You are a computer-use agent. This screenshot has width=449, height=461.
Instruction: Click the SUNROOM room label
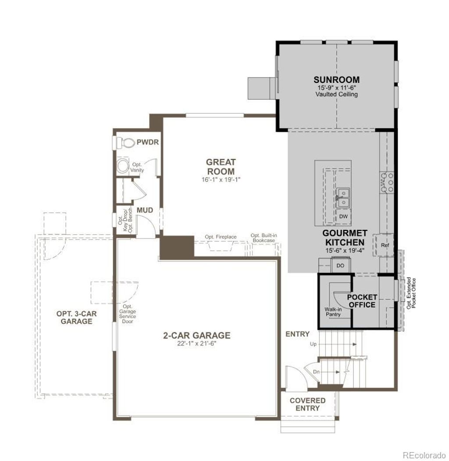[x=336, y=80]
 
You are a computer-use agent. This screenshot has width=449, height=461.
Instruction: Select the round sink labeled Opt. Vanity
[x=123, y=167]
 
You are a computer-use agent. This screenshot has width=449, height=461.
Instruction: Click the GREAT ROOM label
[x=221, y=167]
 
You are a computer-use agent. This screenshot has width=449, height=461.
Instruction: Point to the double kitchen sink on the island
[x=342, y=197]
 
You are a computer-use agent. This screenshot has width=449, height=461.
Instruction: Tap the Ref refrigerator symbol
[x=385, y=246]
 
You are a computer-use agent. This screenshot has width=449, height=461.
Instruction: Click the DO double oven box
[x=340, y=265]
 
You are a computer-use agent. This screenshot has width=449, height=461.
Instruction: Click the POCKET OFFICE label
[x=362, y=301]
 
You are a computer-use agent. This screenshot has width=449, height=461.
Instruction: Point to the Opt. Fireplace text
[x=221, y=237]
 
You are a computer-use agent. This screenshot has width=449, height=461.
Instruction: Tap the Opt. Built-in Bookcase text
[x=263, y=238]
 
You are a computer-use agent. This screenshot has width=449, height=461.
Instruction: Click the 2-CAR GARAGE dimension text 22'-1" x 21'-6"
[x=196, y=343]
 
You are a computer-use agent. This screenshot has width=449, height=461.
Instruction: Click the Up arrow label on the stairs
[x=313, y=344]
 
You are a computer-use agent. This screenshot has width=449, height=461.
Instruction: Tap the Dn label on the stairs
[x=316, y=372]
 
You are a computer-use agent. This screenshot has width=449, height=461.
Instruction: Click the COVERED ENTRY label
[x=307, y=404]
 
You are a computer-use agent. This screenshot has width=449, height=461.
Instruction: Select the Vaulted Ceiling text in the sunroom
[x=336, y=94]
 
